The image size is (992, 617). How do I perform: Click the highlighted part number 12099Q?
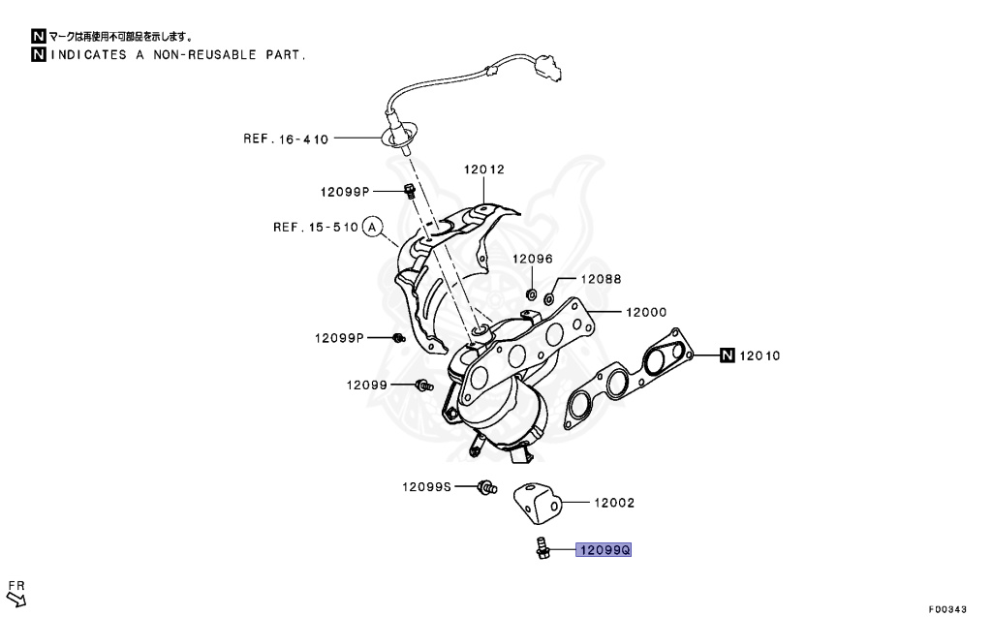point(604,550)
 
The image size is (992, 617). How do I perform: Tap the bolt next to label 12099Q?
point(540,548)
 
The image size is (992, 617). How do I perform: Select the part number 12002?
point(614,503)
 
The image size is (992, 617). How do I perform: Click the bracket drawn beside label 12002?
point(537,498)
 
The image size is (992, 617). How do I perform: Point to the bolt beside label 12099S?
point(486,488)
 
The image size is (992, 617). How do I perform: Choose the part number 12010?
point(760,355)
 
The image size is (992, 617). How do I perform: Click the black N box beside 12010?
point(728,355)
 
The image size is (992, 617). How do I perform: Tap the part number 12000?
point(645,312)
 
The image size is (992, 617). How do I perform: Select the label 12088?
point(601,279)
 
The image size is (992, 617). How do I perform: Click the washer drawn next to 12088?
point(549,296)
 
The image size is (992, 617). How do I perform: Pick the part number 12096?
point(532,259)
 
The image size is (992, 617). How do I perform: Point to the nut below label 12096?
point(531,292)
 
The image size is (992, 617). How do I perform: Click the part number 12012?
point(484,169)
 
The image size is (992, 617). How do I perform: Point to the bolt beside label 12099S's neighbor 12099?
point(422,386)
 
